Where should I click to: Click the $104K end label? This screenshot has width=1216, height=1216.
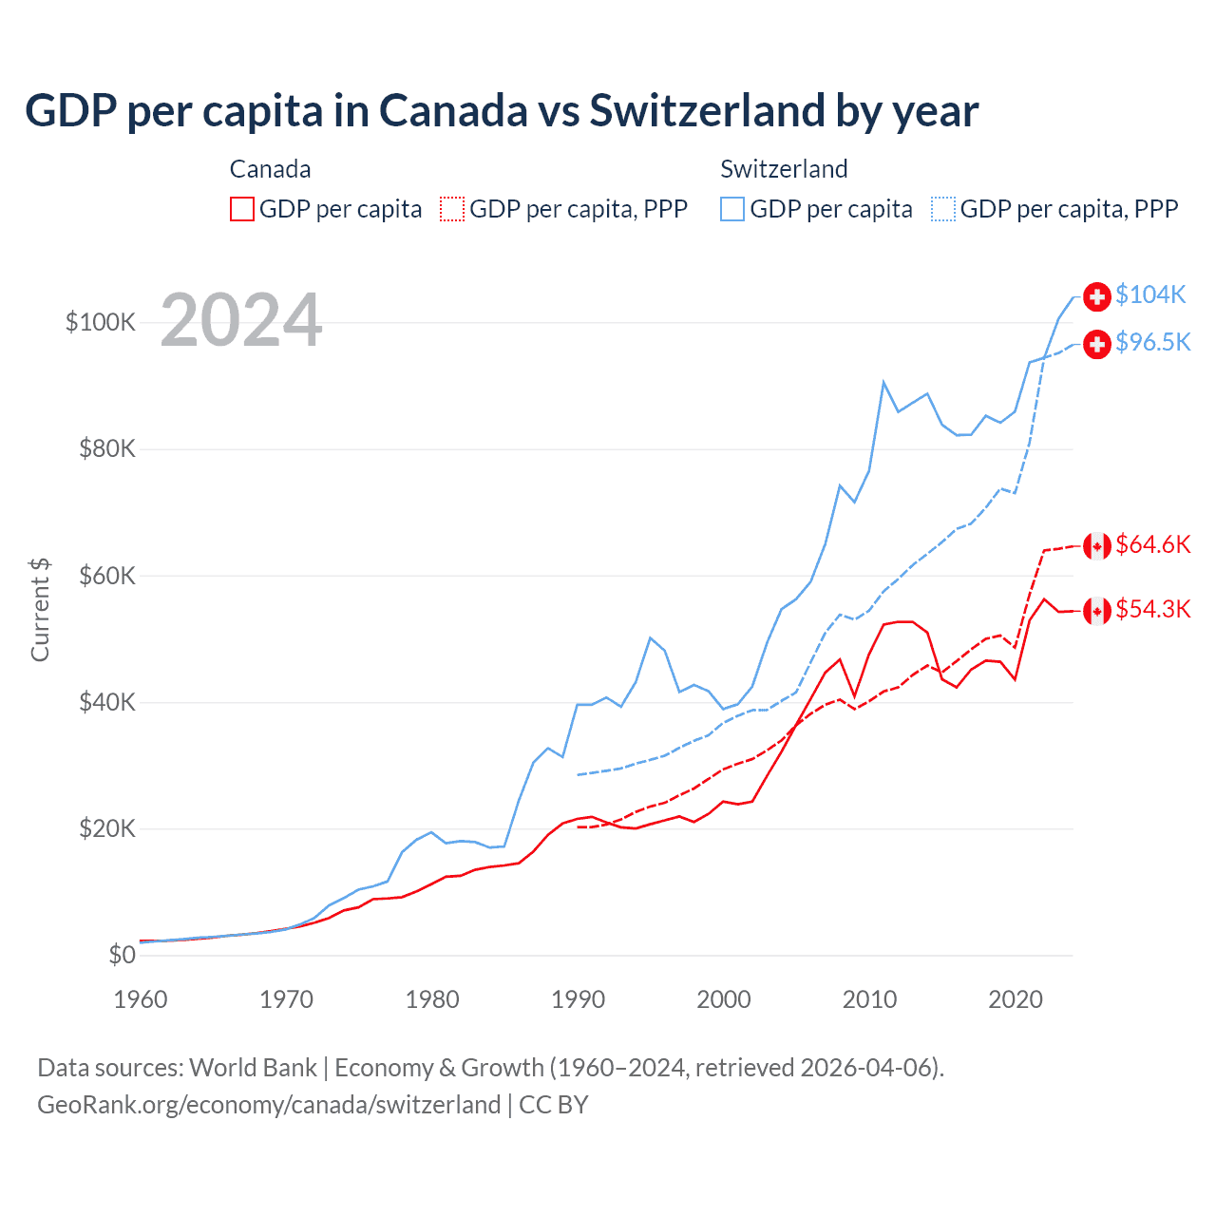pos(1150,294)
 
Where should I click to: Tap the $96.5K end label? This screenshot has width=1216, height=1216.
pos(1152,342)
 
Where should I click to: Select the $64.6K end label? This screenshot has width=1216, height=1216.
pos(1152,544)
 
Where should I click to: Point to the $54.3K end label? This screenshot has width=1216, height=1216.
pos(1152,609)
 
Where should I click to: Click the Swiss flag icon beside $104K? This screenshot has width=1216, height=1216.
pos(1097,296)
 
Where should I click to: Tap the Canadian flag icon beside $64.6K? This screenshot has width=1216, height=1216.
pos(1097,546)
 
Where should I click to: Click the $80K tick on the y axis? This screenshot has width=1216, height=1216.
pos(107,448)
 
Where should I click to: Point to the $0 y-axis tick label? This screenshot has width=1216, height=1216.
pos(122,955)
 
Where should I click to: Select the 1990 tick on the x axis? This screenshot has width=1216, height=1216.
pos(578,999)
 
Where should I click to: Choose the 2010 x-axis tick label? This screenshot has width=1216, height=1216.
pos(869,999)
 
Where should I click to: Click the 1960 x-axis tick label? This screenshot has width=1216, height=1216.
pos(141,999)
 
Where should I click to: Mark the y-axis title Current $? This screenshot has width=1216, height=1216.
pos(40,609)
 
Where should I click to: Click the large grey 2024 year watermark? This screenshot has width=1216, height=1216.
pos(241,320)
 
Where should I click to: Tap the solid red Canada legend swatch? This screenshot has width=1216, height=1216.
pos(242,209)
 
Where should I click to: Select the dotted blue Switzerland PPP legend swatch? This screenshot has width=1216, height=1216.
pos(943,209)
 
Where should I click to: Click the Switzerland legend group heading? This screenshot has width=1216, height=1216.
pos(784,169)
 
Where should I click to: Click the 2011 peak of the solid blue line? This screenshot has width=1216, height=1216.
pos(883,382)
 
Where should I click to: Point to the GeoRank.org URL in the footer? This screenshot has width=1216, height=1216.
pos(269,1105)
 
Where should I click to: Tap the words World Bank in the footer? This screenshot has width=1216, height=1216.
pos(253,1068)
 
